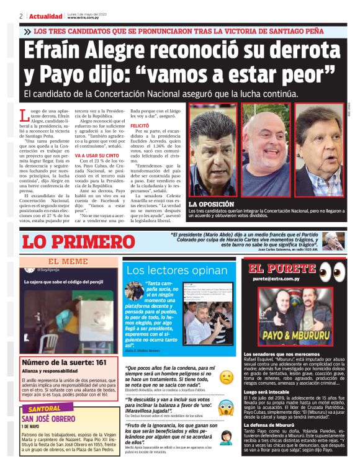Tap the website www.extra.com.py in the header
coord(84,18)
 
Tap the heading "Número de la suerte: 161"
coord(65,362)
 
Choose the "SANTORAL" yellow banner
coord(45,409)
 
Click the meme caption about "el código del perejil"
coord(62,282)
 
